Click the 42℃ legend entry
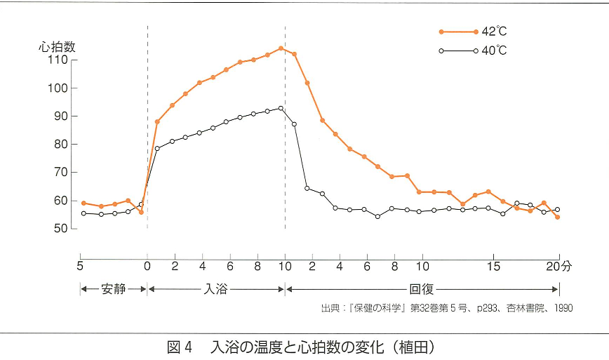[x=473, y=32]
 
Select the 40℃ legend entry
[x=473, y=51]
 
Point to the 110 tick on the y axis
[x=58, y=60]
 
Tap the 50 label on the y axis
[x=60, y=228]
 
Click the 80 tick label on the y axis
[x=60, y=144]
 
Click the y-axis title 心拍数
[x=57, y=47]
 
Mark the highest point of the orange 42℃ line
[x=281, y=48]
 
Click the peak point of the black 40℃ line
[x=281, y=108]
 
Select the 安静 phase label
[x=114, y=289]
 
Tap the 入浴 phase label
[x=215, y=289]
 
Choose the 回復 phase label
[x=422, y=289]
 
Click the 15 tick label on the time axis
[x=494, y=267]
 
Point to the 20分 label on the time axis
[x=559, y=267]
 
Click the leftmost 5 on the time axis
[x=80, y=267]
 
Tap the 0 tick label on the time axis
[x=147, y=267]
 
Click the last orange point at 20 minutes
[x=558, y=218]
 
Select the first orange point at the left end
[x=83, y=203]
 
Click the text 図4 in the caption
[x=180, y=347]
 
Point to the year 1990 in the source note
[x=563, y=308]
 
